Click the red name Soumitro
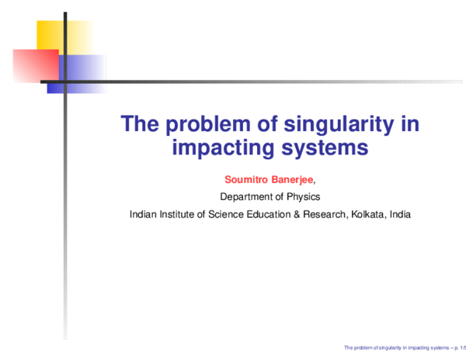[244, 179]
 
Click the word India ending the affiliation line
[401, 213]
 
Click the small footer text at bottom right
[404, 349]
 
